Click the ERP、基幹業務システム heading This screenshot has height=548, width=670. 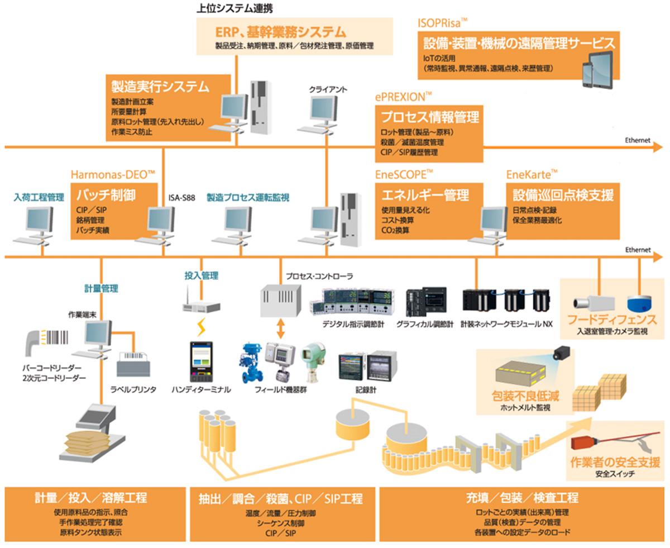tap(280, 32)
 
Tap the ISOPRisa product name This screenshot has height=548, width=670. tap(442, 22)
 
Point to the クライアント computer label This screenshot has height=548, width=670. tap(328, 89)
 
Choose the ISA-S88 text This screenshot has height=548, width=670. tap(181, 197)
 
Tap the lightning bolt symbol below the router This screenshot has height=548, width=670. tap(201, 325)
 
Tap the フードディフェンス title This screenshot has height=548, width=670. tap(612, 320)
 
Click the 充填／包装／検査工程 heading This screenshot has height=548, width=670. tap(522, 497)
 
